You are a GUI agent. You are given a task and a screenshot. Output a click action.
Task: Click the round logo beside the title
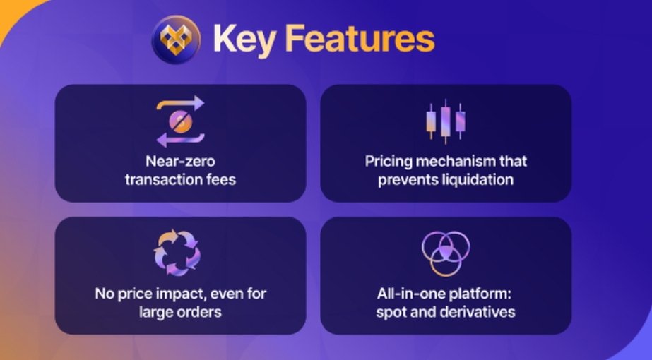pos(177,40)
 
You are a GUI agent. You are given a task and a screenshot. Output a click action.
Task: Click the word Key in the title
pos(245,40)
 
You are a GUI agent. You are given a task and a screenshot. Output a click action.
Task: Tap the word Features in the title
pos(360,38)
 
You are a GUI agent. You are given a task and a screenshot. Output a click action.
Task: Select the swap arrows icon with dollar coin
pos(180,121)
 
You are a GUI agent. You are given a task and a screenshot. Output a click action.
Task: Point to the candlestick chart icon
pos(446,121)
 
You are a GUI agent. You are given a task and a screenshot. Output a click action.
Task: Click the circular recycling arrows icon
pos(177,253)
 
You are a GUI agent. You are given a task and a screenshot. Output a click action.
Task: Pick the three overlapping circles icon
pos(445,253)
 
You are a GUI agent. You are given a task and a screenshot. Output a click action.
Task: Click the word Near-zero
pos(180,161)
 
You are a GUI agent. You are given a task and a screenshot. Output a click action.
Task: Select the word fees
pos(221,179)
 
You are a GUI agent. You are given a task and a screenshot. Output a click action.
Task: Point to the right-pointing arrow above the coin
pos(180,104)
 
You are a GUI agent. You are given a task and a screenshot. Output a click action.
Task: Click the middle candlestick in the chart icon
pos(445,121)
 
